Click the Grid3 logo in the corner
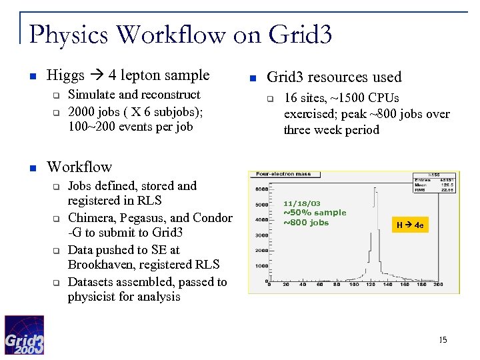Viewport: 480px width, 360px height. (x=25, y=335)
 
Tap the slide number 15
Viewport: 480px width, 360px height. (x=443, y=341)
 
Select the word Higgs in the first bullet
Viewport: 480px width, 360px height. (x=65, y=76)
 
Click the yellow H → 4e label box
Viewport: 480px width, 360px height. (x=410, y=225)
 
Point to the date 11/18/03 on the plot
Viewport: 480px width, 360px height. (x=301, y=203)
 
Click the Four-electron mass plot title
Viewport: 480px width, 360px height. (x=285, y=175)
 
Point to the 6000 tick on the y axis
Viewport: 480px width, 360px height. (x=261, y=189)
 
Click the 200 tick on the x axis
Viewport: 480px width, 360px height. (x=437, y=284)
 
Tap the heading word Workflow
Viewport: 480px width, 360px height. (x=79, y=167)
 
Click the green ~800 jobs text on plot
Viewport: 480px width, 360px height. (x=306, y=222)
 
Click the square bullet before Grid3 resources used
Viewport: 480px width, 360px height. (x=253, y=78)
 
